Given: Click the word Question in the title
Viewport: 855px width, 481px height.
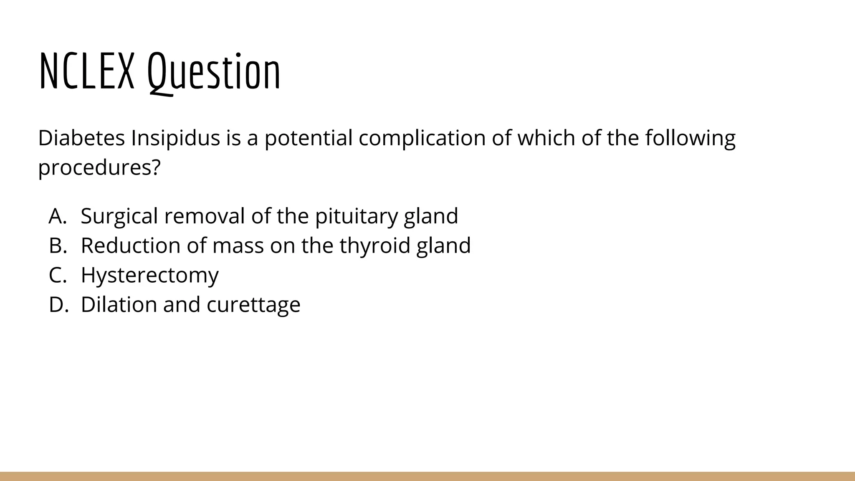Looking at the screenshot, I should click(214, 72).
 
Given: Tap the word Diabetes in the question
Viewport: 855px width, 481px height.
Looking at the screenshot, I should click(81, 138).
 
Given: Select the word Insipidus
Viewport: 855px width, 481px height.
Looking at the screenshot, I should click(175, 139).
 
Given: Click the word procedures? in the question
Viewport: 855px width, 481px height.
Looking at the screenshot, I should click(99, 168).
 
